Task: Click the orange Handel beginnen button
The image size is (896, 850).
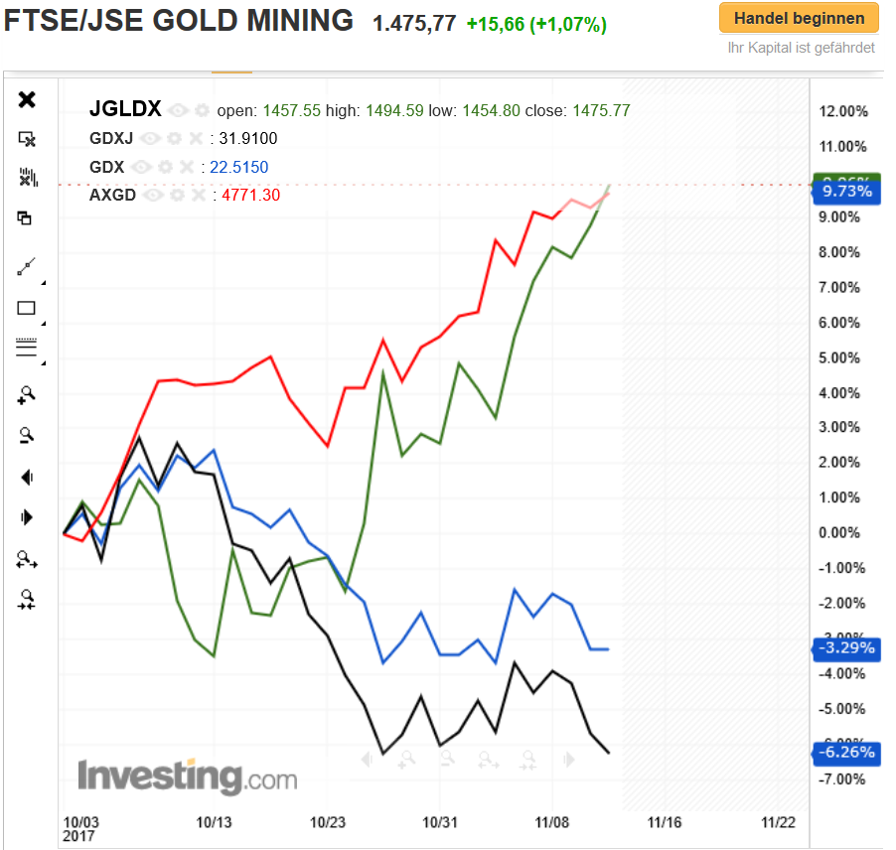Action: pyautogui.click(x=799, y=18)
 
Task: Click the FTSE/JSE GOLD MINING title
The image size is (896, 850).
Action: pyautogui.click(x=179, y=20)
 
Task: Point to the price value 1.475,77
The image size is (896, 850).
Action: pyautogui.click(x=414, y=24)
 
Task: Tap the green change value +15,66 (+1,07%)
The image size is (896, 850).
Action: pyautogui.click(x=536, y=25)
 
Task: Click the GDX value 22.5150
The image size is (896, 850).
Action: pyautogui.click(x=243, y=167)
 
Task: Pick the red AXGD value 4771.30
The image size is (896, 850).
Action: pyautogui.click(x=249, y=196)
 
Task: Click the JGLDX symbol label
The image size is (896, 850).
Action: pyautogui.click(x=125, y=109)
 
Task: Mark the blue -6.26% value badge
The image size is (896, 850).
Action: pyautogui.click(x=845, y=753)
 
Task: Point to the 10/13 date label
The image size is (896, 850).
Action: pyautogui.click(x=214, y=822)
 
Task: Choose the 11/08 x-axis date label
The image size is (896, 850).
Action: pyautogui.click(x=552, y=822)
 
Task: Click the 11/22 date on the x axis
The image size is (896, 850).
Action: pyautogui.click(x=778, y=822)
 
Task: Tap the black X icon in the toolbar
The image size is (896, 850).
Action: pyautogui.click(x=28, y=99)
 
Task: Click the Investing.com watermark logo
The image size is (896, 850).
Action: pyautogui.click(x=187, y=776)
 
